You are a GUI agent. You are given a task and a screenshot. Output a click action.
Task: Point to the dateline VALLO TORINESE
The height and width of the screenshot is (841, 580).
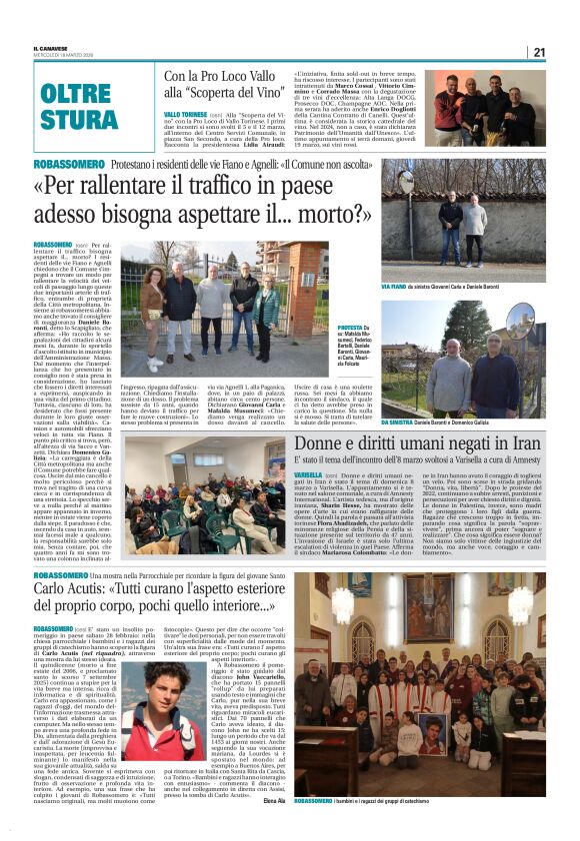(186, 115)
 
